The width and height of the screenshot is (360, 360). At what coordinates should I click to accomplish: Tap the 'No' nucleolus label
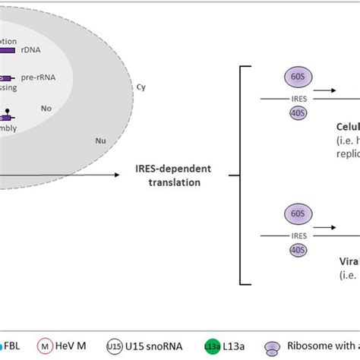(46, 109)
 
